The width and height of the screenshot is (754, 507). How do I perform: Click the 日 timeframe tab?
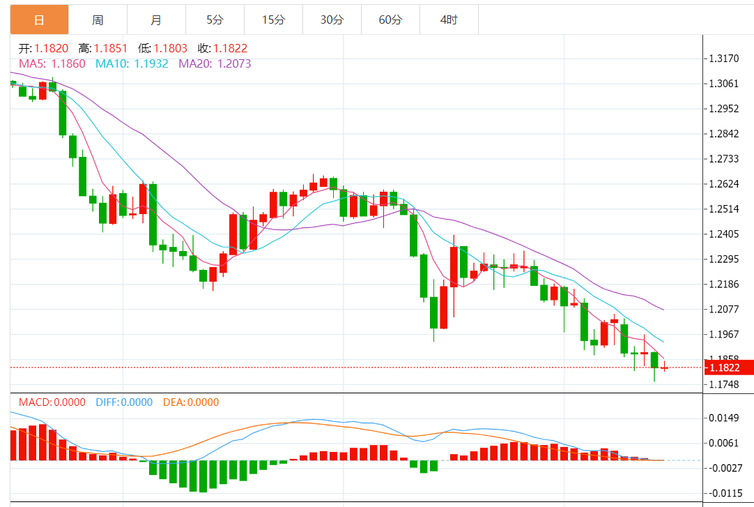39,20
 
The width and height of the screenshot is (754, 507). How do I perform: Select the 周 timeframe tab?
98,20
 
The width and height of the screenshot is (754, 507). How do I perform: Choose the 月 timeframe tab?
156,20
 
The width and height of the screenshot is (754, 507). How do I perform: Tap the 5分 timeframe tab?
215,20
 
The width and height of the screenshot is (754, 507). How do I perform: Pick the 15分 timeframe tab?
273,20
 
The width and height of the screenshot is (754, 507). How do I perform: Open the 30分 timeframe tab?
332,20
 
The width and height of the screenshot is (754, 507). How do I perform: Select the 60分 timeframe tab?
390,20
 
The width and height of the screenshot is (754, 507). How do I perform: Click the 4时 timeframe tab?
449,20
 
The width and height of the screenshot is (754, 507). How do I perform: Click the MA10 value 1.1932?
151,63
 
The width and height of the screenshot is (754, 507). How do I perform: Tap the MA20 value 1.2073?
233,63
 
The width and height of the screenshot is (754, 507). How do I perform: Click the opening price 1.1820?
52,48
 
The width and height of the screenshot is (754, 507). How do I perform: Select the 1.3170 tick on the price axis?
723,59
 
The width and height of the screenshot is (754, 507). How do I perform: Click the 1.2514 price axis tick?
723,209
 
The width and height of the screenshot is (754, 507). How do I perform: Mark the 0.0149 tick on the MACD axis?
723,418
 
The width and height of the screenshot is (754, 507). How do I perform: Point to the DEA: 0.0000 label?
190,402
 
